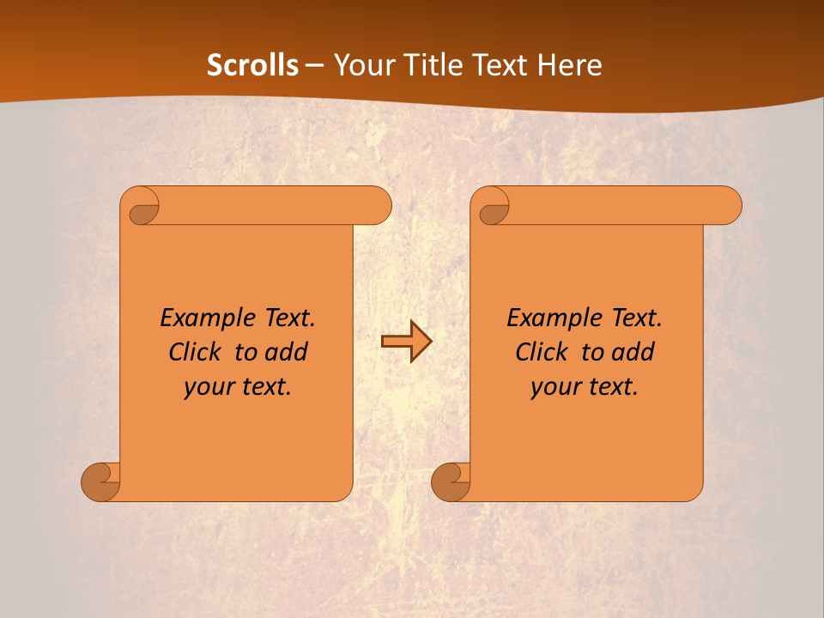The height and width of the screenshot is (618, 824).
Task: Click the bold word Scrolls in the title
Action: [x=253, y=65]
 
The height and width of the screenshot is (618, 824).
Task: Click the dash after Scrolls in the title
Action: [x=314, y=65]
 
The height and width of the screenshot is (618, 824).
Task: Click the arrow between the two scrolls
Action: [x=406, y=342]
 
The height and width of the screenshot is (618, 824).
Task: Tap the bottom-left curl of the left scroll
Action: [x=100, y=481]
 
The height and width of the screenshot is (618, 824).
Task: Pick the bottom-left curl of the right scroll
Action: [x=450, y=481]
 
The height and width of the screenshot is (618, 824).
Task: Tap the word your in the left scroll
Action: [x=207, y=387]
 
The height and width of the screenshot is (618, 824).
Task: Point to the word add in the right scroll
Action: [x=633, y=352]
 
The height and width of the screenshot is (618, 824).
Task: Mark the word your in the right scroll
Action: [x=554, y=387]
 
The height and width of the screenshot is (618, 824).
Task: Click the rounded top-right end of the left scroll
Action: [x=379, y=205]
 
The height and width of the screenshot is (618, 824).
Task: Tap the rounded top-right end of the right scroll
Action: [x=729, y=205]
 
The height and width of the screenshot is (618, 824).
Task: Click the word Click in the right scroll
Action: [x=541, y=352]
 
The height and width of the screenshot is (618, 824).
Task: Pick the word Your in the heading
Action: [x=363, y=65]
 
